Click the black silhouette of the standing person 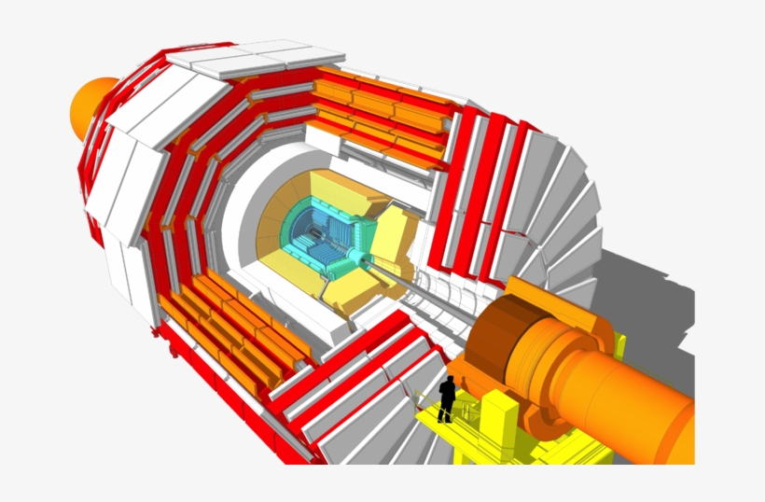(447, 399)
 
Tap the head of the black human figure (448, 380)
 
